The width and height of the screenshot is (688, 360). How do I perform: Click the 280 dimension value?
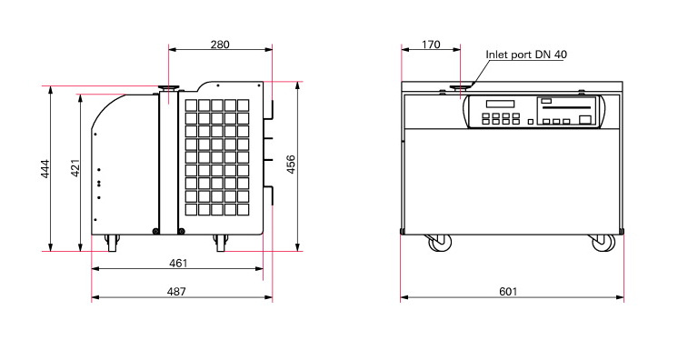(220, 45)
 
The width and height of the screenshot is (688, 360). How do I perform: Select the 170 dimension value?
(431, 45)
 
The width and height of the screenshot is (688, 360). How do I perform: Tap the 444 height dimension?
(45, 168)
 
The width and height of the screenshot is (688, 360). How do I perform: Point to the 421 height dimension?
(75, 167)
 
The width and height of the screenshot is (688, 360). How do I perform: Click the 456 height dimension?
(291, 165)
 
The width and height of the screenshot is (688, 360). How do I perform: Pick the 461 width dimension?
(178, 263)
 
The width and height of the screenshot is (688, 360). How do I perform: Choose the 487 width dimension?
(176, 292)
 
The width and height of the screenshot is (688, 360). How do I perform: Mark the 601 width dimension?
(508, 292)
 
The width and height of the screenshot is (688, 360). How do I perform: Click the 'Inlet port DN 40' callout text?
(526, 55)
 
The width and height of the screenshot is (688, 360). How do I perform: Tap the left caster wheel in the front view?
(440, 243)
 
